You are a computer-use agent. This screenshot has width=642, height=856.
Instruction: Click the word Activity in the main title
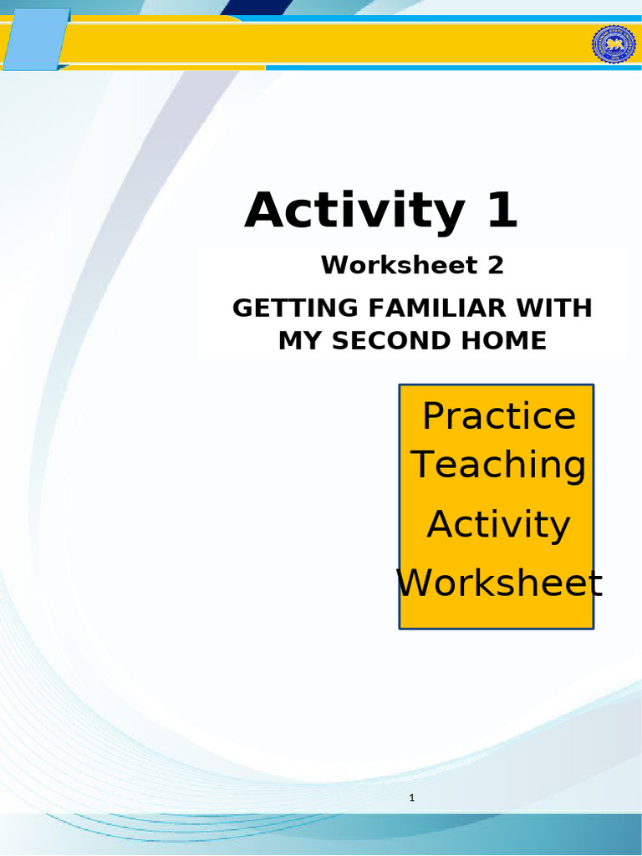[354, 211]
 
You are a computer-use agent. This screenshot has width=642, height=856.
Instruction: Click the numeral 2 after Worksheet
[496, 266]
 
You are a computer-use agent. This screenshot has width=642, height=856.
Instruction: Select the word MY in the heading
[295, 341]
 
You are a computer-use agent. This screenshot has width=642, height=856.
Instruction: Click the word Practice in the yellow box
[499, 415]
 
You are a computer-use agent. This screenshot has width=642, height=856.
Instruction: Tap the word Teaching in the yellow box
[499, 465]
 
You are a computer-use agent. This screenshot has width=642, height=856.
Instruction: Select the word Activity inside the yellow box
[498, 525]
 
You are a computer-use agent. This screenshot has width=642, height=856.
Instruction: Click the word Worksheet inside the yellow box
[499, 583]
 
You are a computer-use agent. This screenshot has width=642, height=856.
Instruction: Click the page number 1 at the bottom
[412, 798]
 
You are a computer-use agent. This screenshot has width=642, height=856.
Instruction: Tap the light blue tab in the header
[35, 38]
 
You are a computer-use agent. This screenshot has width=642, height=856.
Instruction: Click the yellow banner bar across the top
[334, 45]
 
